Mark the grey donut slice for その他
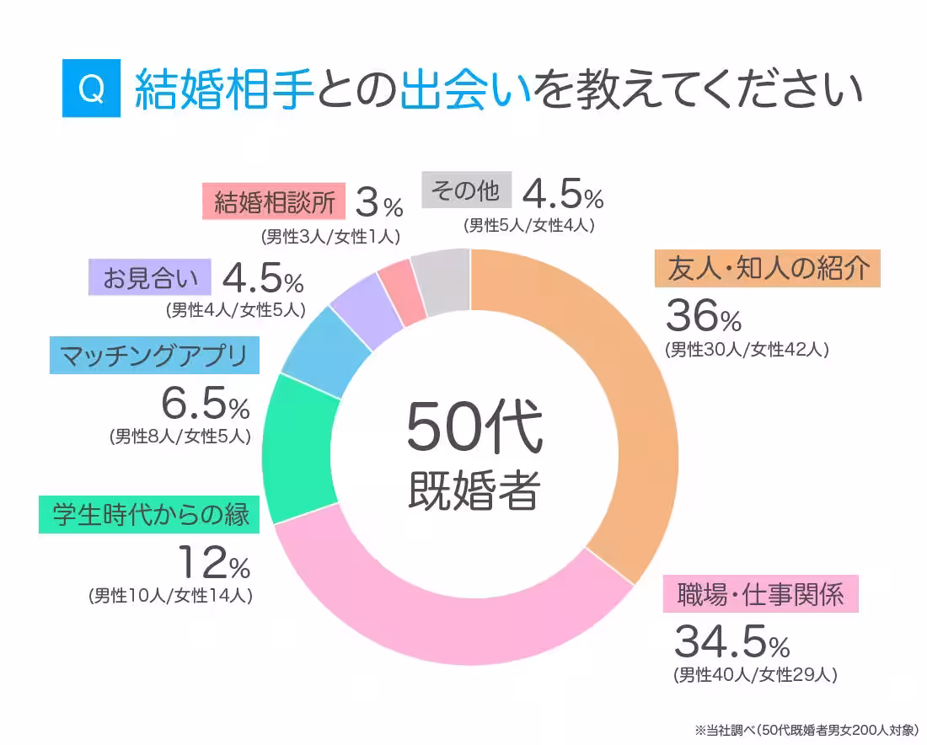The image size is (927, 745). [x=444, y=281]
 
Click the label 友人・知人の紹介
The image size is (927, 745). [x=767, y=269]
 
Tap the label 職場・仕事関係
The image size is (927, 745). [x=759, y=594]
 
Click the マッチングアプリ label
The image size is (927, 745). [x=154, y=356]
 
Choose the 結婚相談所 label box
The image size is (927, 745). [x=274, y=201]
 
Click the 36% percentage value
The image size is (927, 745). [x=703, y=316]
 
